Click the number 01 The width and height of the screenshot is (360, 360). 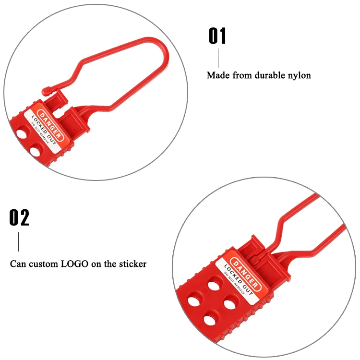[x=217, y=36]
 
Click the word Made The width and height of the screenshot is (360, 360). [x=217, y=75]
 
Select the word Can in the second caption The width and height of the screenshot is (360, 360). [x=18, y=264]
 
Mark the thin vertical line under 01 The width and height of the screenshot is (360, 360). [x=218, y=58]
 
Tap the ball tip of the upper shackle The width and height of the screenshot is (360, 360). [x=46, y=89]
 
